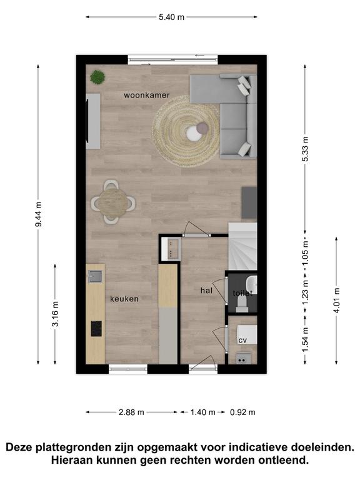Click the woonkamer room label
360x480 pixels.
(x=147, y=95)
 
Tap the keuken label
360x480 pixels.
(x=124, y=299)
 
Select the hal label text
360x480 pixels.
(x=206, y=290)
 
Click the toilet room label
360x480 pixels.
(x=242, y=293)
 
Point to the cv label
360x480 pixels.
(x=242, y=341)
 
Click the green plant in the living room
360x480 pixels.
(x=97, y=77)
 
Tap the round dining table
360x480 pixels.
(x=112, y=202)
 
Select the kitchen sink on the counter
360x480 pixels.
(x=96, y=276)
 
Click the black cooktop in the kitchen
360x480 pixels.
(x=96, y=329)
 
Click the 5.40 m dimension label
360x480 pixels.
(x=171, y=17)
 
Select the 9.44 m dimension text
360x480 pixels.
(x=39, y=214)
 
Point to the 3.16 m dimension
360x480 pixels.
(x=56, y=314)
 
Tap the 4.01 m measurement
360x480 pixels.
(x=336, y=300)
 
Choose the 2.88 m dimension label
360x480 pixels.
(x=131, y=412)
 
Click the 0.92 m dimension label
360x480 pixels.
(x=242, y=412)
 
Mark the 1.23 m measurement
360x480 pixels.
(x=305, y=293)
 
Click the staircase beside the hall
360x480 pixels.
(x=242, y=246)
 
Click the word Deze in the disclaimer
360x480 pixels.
(x=19, y=447)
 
